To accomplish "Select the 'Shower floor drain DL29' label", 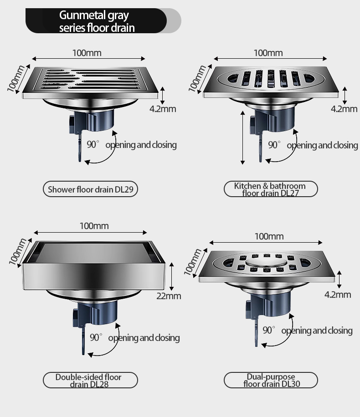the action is tap(90, 189).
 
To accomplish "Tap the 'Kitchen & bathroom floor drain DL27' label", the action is tap(271, 189).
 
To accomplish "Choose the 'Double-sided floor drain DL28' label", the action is tap(90, 380).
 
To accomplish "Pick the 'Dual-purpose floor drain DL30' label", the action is tap(271, 380).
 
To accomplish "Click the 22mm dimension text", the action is tap(169, 296).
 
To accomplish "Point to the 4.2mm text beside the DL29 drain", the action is tap(163, 109).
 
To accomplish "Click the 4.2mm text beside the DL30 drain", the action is tap(338, 295).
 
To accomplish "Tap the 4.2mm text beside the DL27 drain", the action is tap(344, 109).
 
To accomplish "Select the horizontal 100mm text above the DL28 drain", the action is tap(94, 226).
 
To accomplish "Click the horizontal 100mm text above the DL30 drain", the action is tap(269, 236).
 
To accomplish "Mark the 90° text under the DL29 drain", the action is tap(93, 144).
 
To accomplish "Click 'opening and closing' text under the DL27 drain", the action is tap(322, 145).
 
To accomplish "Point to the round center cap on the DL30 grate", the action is tap(266, 263).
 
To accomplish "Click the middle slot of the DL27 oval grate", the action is tap(271, 78).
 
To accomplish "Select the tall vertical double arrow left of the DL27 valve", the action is tap(242, 138).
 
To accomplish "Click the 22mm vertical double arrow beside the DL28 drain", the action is tap(171, 276).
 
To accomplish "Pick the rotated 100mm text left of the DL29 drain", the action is tap(16, 78).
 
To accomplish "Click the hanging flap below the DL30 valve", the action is tap(257, 332).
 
